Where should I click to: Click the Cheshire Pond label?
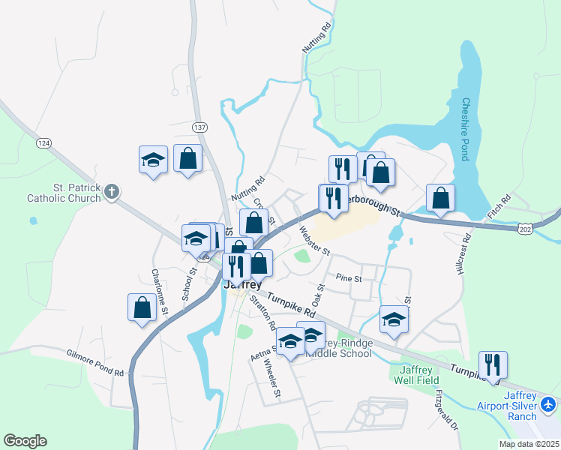coord(465,129)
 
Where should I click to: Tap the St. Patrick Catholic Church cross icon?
coord(111,191)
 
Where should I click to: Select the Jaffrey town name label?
coord(242,285)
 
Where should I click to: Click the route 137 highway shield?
coord(199,127)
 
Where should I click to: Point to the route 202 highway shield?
coord(526,227)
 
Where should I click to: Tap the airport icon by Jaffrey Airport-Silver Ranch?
coord(548,405)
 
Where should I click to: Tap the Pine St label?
coord(349,278)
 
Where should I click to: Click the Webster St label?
coord(314,241)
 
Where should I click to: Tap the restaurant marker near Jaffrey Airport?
coord(493,365)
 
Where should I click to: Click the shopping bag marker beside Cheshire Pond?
coord(441,198)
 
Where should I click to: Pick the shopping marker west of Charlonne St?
coord(142,307)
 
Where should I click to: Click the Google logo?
coord(25,441)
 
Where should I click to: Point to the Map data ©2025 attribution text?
coord(528,444)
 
